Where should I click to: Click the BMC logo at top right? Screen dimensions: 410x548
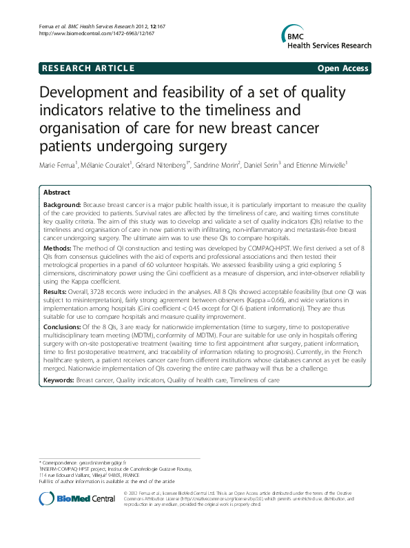pyautogui.click(x=324, y=37)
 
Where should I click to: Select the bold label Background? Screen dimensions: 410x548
pyautogui.click(x=62, y=205)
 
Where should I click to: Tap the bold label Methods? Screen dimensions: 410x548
pyautogui.click(x=57, y=246)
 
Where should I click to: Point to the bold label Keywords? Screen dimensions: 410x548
pyautogui.click(x=59, y=361)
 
